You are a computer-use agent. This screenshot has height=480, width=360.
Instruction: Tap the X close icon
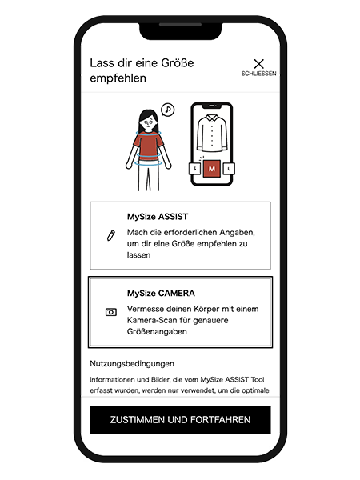[258, 64]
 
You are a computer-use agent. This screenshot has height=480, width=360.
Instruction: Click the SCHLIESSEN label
[258, 74]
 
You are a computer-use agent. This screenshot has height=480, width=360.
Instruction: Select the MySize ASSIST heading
[158, 217]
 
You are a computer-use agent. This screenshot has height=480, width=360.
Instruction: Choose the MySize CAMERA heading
[161, 294]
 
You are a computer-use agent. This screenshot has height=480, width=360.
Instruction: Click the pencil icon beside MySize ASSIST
[111, 235]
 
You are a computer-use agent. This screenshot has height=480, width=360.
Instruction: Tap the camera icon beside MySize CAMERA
[111, 312]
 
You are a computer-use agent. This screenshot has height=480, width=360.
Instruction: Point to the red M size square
[212, 169]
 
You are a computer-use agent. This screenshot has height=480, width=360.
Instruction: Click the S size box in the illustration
[195, 168]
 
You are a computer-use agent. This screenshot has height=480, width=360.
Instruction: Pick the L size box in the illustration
[229, 168]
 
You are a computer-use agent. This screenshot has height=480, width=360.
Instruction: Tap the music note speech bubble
[168, 110]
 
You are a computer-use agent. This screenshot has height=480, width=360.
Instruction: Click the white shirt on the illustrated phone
[212, 133]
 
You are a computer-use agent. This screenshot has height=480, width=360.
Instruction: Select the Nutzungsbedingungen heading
[132, 364]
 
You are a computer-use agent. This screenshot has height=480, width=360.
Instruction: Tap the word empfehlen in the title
[118, 78]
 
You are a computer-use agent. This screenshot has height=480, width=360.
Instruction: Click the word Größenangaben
[157, 331]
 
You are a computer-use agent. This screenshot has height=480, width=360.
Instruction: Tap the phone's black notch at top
[181, 31]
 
